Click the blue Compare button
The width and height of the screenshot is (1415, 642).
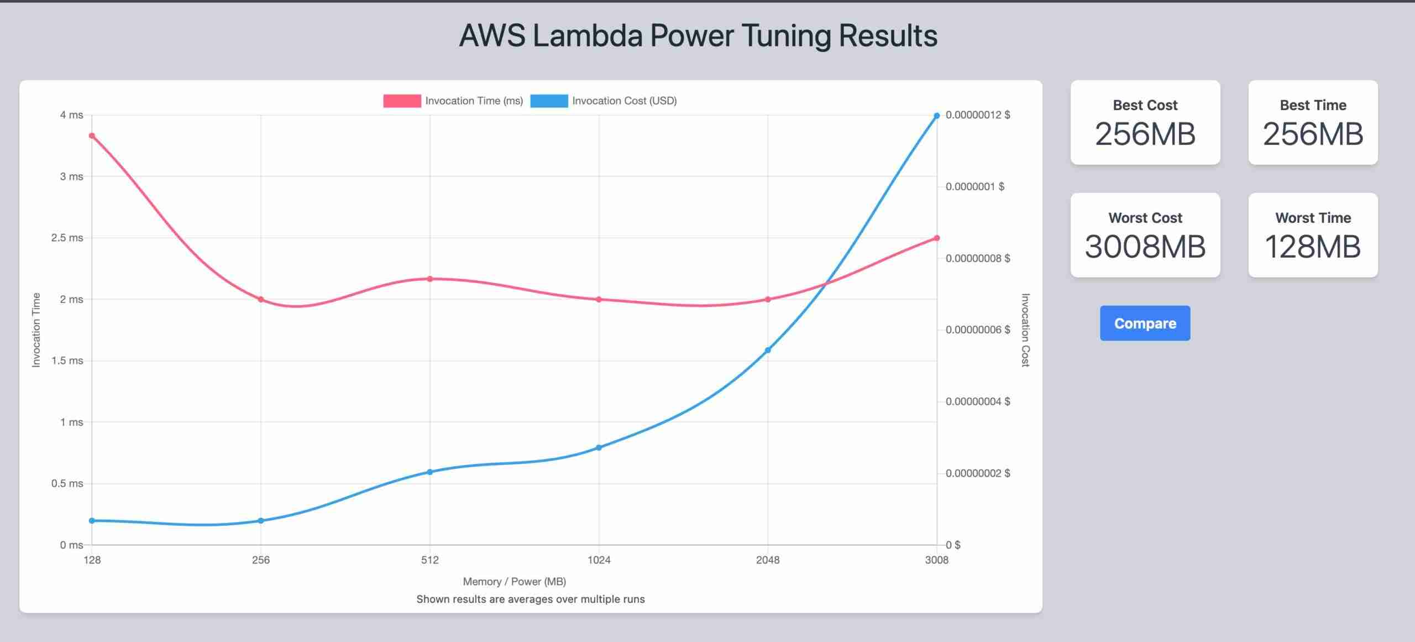click(1145, 323)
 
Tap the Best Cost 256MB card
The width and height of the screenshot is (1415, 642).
click(1145, 122)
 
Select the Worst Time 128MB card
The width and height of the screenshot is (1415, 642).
click(1313, 235)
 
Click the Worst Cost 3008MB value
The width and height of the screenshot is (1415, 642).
click(1145, 247)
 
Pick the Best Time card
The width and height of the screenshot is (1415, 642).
click(1313, 122)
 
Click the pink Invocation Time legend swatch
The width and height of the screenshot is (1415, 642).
click(402, 101)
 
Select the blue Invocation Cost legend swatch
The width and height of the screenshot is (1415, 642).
click(549, 101)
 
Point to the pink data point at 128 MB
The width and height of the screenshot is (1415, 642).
click(92, 136)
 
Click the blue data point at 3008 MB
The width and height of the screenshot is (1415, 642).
click(937, 116)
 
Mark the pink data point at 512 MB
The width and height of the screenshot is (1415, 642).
click(430, 279)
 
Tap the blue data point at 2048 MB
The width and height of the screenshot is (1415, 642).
click(768, 350)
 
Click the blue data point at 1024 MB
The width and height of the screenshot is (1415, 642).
click(599, 447)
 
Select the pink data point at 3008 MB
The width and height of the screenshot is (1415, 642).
click(937, 238)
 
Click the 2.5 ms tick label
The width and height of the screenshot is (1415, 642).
click(67, 238)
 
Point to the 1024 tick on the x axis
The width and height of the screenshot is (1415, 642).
click(599, 560)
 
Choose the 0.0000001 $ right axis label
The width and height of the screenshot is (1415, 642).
click(974, 186)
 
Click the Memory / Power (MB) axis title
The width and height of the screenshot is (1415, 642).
click(514, 581)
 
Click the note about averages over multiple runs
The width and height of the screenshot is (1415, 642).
click(530, 599)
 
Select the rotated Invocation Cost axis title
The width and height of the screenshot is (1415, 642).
click(1025, 330)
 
